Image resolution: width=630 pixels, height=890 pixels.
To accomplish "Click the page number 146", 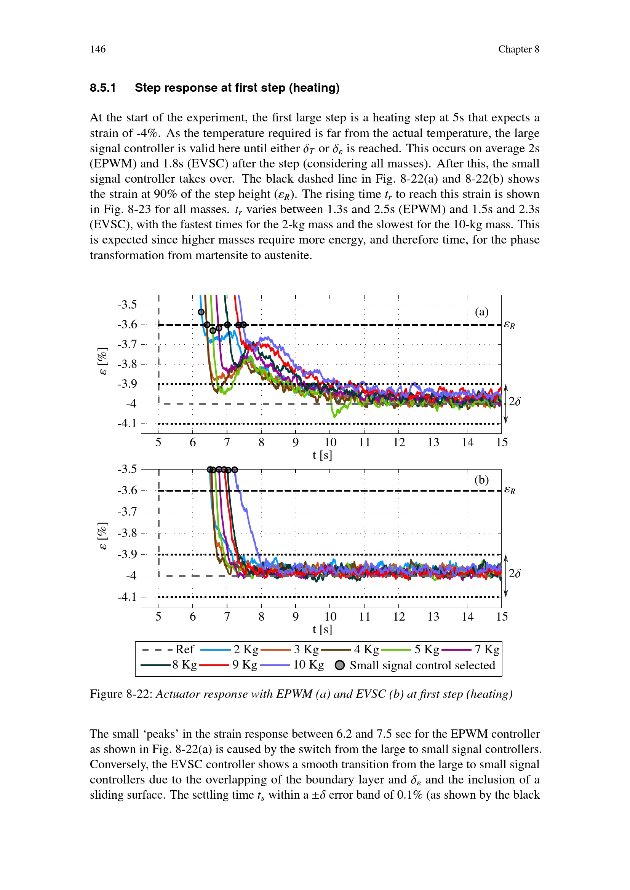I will tap(98, 49).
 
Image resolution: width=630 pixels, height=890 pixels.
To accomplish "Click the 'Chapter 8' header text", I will tap(518, 49).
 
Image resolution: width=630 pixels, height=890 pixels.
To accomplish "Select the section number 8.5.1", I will tap(103, 88).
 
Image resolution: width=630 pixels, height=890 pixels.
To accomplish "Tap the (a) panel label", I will tap(481, 312).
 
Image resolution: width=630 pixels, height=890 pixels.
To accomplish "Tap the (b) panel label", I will tap(481, 480).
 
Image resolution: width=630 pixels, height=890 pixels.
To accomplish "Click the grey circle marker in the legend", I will tap(339, 665).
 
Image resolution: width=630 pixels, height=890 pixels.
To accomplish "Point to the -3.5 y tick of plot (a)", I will tap(127, 305).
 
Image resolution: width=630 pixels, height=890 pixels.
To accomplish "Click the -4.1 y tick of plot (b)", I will tap(127, 597).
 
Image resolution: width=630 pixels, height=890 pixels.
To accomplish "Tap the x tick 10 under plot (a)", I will tap(330, 442).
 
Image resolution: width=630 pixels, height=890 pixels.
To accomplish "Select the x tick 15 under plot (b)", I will tap(502, 616).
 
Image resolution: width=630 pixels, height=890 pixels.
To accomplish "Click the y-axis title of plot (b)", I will tap(102, 536).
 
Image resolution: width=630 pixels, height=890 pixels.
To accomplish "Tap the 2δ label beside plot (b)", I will tap(514, 573).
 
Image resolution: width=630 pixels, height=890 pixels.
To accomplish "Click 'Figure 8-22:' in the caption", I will tap(121, 694).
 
